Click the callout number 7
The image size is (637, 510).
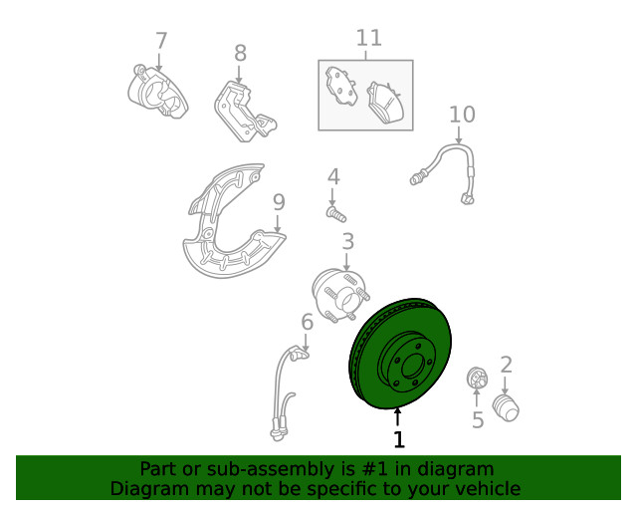[x=161, y=41]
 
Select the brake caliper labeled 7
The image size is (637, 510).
[x=157, y=92]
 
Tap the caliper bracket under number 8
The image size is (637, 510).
[x=245, y=112]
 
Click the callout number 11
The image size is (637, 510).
[x=369, y=38]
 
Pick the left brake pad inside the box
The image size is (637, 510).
[x=340, y=87]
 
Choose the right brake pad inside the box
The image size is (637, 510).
[x=384, y=102]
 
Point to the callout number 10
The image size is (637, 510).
[x=462, y=115]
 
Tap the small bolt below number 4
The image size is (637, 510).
[x=336, y=214]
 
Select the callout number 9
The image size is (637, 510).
[x=279, y=202]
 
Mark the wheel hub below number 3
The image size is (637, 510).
[x=340, y=295]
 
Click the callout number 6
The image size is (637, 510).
[x=308, y=322]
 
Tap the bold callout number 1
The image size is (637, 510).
[x=399, y=439]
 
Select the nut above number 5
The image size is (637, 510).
[x=477, y=378]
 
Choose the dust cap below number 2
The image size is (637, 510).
[x=506, y=408]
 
